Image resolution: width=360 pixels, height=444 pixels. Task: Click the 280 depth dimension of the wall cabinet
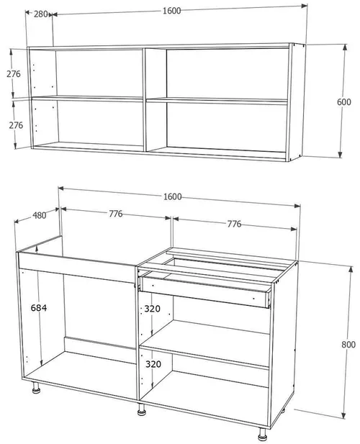41,14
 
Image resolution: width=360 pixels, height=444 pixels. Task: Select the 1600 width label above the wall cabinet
171,11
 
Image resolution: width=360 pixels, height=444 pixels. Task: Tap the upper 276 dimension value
14,74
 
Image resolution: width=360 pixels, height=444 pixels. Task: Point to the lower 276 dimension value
16,125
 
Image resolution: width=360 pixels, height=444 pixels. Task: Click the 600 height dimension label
344,102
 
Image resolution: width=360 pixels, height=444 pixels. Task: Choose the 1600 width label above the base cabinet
173,196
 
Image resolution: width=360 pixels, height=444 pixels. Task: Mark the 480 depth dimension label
40,215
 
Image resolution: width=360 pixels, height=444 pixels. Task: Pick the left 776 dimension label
116,214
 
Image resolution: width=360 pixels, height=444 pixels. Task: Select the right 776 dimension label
234,224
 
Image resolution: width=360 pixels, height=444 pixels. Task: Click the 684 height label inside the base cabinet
39,308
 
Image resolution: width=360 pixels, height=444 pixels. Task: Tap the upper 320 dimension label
153,309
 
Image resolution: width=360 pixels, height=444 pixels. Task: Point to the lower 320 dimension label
153,364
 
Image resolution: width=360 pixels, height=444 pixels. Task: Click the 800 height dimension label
348,345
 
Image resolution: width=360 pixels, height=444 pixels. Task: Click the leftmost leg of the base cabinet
36,388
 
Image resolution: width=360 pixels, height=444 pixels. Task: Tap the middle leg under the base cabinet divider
141,409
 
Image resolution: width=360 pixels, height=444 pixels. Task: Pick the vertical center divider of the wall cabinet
145,100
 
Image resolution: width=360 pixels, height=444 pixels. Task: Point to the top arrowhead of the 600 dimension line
345,47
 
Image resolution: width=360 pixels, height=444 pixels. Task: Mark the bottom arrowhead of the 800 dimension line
344,415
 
